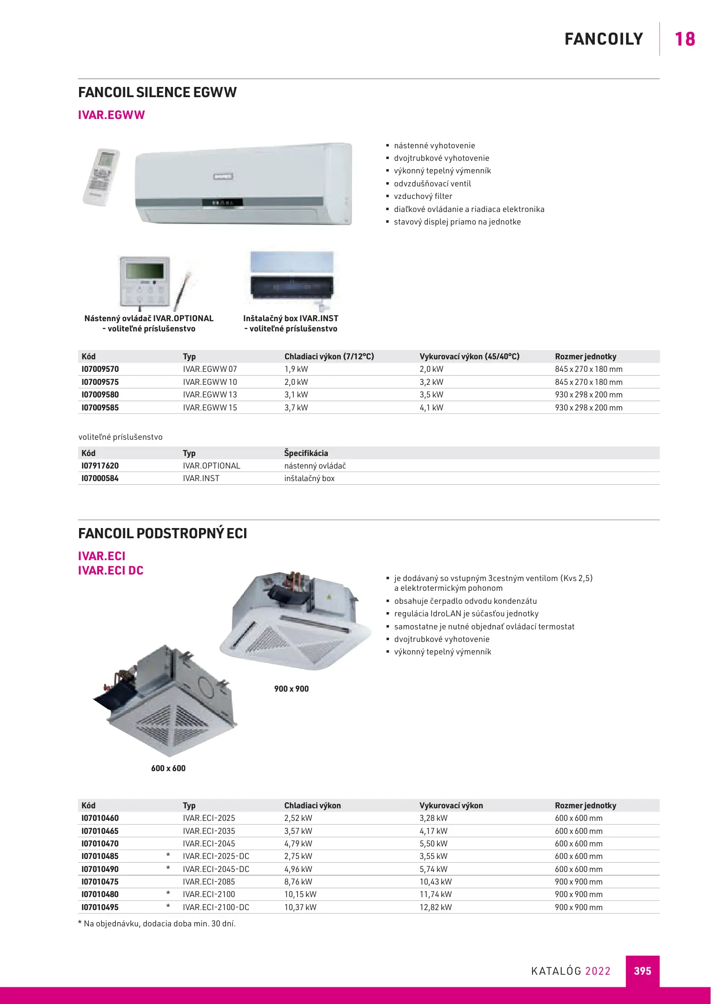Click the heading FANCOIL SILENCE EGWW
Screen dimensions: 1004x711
[x=157, y=92]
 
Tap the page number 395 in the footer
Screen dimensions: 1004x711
[x=642, y=971]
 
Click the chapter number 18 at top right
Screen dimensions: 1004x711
[x=684, y=39]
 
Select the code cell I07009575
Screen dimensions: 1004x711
[x=100, y=382]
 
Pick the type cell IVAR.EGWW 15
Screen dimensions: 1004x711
[x=210, y=408]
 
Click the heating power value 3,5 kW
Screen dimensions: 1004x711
[x=431, y=395]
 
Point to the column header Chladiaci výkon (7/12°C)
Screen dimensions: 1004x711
[x=329, y=357]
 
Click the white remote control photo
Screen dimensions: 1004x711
[x=101, y=177]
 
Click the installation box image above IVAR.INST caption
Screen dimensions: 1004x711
[x=292, y=277]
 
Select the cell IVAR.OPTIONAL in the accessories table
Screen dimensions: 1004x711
[x=211, y=466]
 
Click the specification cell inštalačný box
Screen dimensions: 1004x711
[x=309, y=478]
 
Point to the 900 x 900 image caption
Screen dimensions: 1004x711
[x=291, y=689]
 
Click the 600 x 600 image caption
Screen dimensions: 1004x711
[x=168, y=768]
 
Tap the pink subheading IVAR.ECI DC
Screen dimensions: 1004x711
[x=111, y=570]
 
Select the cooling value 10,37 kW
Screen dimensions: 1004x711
[x=300, y=907]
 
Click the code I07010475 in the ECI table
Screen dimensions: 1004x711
[x=100, y=882]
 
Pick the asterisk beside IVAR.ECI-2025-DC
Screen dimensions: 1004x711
[x=168, y=855]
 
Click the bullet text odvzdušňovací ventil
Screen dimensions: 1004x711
[x=432, y=184]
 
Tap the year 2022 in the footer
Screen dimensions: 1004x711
[x=598, y=971]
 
